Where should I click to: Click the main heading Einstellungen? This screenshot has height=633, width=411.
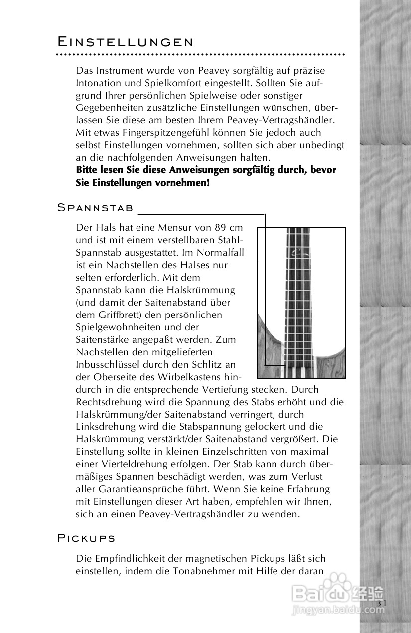tap(125, 41)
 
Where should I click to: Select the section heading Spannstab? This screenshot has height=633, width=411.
tap(95, 208)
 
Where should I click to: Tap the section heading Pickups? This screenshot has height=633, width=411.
tap(86, 538)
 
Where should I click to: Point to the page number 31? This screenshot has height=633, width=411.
tap(382, 603)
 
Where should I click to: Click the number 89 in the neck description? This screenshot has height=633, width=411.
tap(221, 228)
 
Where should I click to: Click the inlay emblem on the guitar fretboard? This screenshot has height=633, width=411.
tap(297, 252)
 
